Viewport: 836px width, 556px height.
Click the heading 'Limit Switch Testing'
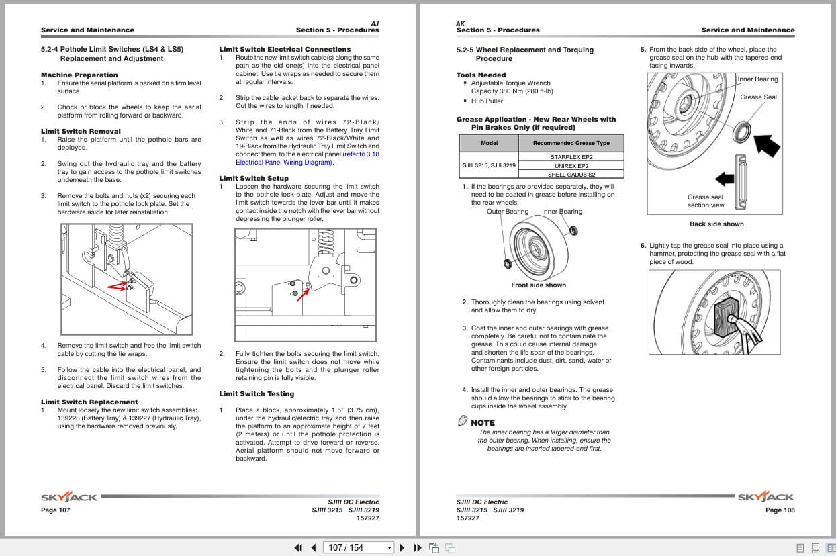(257, 393)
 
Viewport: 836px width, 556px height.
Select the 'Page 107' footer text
(55, 510)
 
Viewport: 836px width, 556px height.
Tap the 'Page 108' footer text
(780, 510)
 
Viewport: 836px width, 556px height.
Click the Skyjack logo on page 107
(69, 498)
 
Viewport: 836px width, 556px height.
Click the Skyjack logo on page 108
(766, 498)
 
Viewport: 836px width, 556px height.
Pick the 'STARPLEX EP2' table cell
(571, 157)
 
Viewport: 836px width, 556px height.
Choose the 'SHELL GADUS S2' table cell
(571, 174)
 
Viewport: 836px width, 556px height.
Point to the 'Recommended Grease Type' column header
(571, 143)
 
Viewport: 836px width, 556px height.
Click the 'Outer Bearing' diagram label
(508, 212)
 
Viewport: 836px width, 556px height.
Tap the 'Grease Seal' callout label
(758, 97)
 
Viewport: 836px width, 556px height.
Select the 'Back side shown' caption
(716, 224)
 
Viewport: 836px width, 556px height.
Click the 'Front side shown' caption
(539, 285)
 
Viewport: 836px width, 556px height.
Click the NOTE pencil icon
(462, 421)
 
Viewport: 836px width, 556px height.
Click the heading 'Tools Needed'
(481, 75)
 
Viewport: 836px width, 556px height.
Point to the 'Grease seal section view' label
(705, 201)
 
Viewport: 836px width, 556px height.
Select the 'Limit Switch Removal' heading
(81, 132)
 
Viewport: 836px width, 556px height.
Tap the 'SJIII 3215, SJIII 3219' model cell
(488, 165)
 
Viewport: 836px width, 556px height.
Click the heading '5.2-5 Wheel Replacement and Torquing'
(524, 50)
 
